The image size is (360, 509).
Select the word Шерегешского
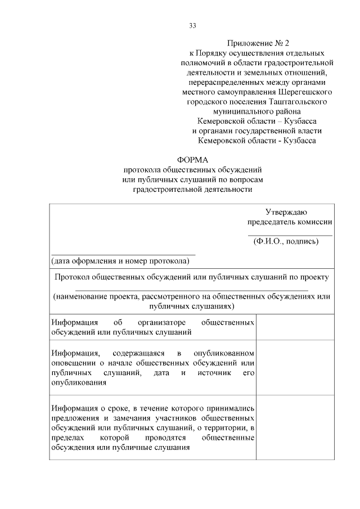[304, 92]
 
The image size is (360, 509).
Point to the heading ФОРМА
[192, 160]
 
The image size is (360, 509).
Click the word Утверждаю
[286, 212]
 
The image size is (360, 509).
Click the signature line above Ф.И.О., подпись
[290, 235]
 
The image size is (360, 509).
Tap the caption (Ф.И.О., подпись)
[286, 242]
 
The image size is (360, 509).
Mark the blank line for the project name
[191, 290]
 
